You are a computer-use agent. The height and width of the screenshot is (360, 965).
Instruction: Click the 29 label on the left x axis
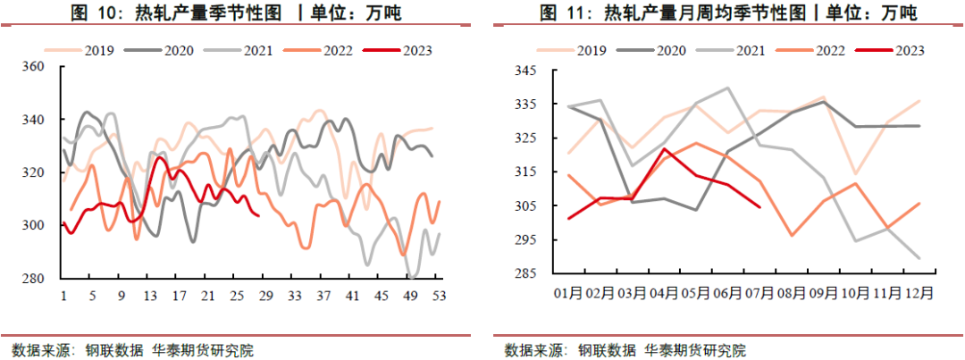click(x=265, y=297)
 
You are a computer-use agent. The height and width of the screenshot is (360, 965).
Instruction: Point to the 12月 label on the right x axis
click(x=919, y=292)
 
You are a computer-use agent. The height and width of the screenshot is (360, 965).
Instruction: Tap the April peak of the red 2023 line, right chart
click(x=665, y=149)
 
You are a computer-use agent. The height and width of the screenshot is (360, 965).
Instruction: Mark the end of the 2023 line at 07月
click(x=759, y=207)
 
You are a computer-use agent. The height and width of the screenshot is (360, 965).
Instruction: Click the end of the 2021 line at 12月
click(x=919, y=258)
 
